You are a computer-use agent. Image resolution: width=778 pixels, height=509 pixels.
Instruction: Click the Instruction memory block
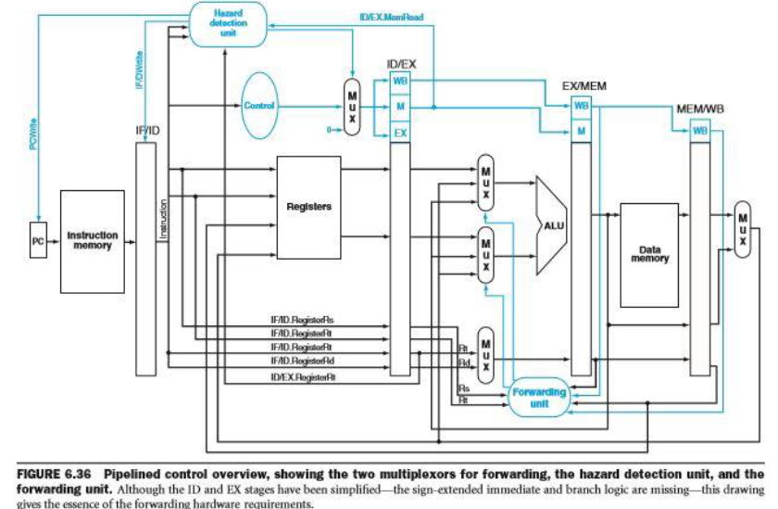92,241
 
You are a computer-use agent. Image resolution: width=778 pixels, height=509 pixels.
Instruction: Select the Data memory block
648,254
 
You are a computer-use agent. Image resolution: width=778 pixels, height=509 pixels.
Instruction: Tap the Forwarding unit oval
537,399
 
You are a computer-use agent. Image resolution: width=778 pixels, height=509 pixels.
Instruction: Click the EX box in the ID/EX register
400,134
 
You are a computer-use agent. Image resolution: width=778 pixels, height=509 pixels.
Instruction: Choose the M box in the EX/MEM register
581,132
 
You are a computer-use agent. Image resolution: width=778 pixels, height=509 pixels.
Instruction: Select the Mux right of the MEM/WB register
743,227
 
